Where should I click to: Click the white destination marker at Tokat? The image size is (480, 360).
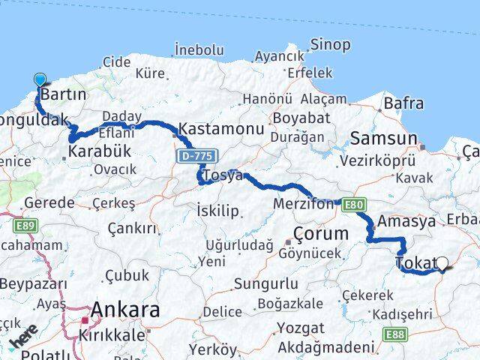pos(442,263)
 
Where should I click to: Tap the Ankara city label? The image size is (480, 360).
pos(125,310)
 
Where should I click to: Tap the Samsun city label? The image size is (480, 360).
pos(384,139)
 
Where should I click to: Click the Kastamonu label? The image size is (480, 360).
pos(221,129)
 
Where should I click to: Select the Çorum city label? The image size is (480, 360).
pos(321,233)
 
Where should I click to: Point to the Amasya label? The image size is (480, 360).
pos(406,222)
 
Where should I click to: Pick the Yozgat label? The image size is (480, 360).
pos(300,328)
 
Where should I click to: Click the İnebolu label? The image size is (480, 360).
pos(199,49)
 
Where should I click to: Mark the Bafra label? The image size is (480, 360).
pos(403,103)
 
